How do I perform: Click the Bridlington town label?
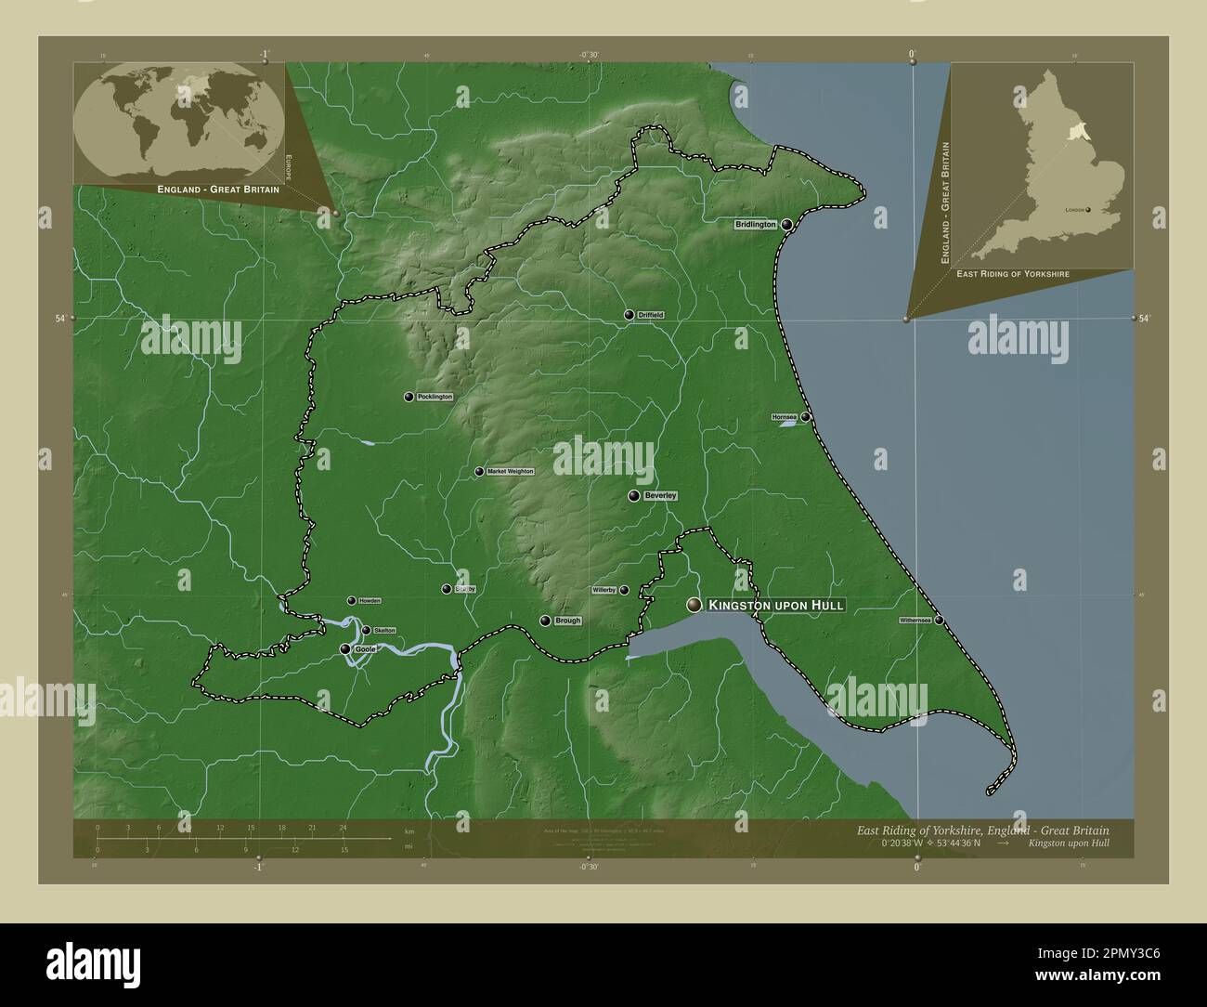tap(755, 225)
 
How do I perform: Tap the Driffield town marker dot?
tap(629, 315)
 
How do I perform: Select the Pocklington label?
tap(435, 397)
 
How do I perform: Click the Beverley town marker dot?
tap(634, 497)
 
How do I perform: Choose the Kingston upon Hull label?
tap(776, 606)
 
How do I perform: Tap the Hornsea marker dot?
tap(806, 417)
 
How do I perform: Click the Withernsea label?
tap(915, 620)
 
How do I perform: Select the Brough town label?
tap(567, 621)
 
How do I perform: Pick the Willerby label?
tap(603, 590)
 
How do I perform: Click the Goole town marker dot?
tap(345, 649)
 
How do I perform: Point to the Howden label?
tap(370, 601)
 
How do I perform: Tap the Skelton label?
tap(384, 630)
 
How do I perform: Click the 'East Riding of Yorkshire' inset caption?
tap(1012, 275)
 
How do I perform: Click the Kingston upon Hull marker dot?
tap(694, 606)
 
